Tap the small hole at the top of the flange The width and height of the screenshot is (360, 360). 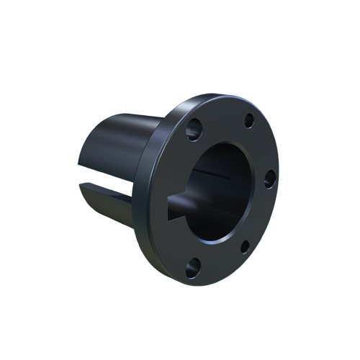[249, 120]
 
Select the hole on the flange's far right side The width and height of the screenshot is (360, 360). [269, 179]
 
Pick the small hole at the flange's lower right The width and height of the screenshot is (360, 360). [244, 247]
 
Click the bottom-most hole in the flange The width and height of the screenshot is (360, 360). [191, 271]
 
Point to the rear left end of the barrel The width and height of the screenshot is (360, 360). [83, 173]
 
